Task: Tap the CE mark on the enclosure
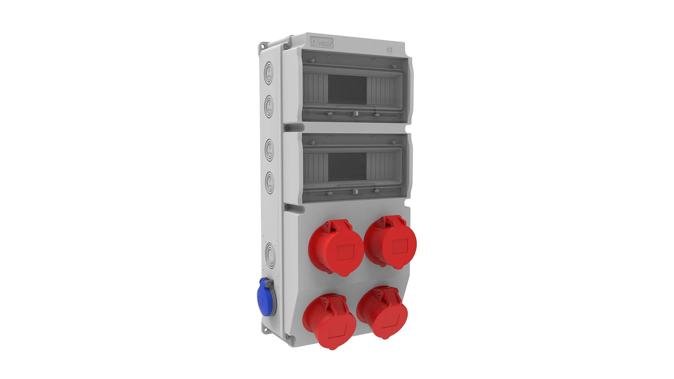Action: [x=389, y=49]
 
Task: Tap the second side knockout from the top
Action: [x=269, y=105]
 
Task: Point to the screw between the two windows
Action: [x=286, y=128]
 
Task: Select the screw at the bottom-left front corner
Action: [x=288, y=337]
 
